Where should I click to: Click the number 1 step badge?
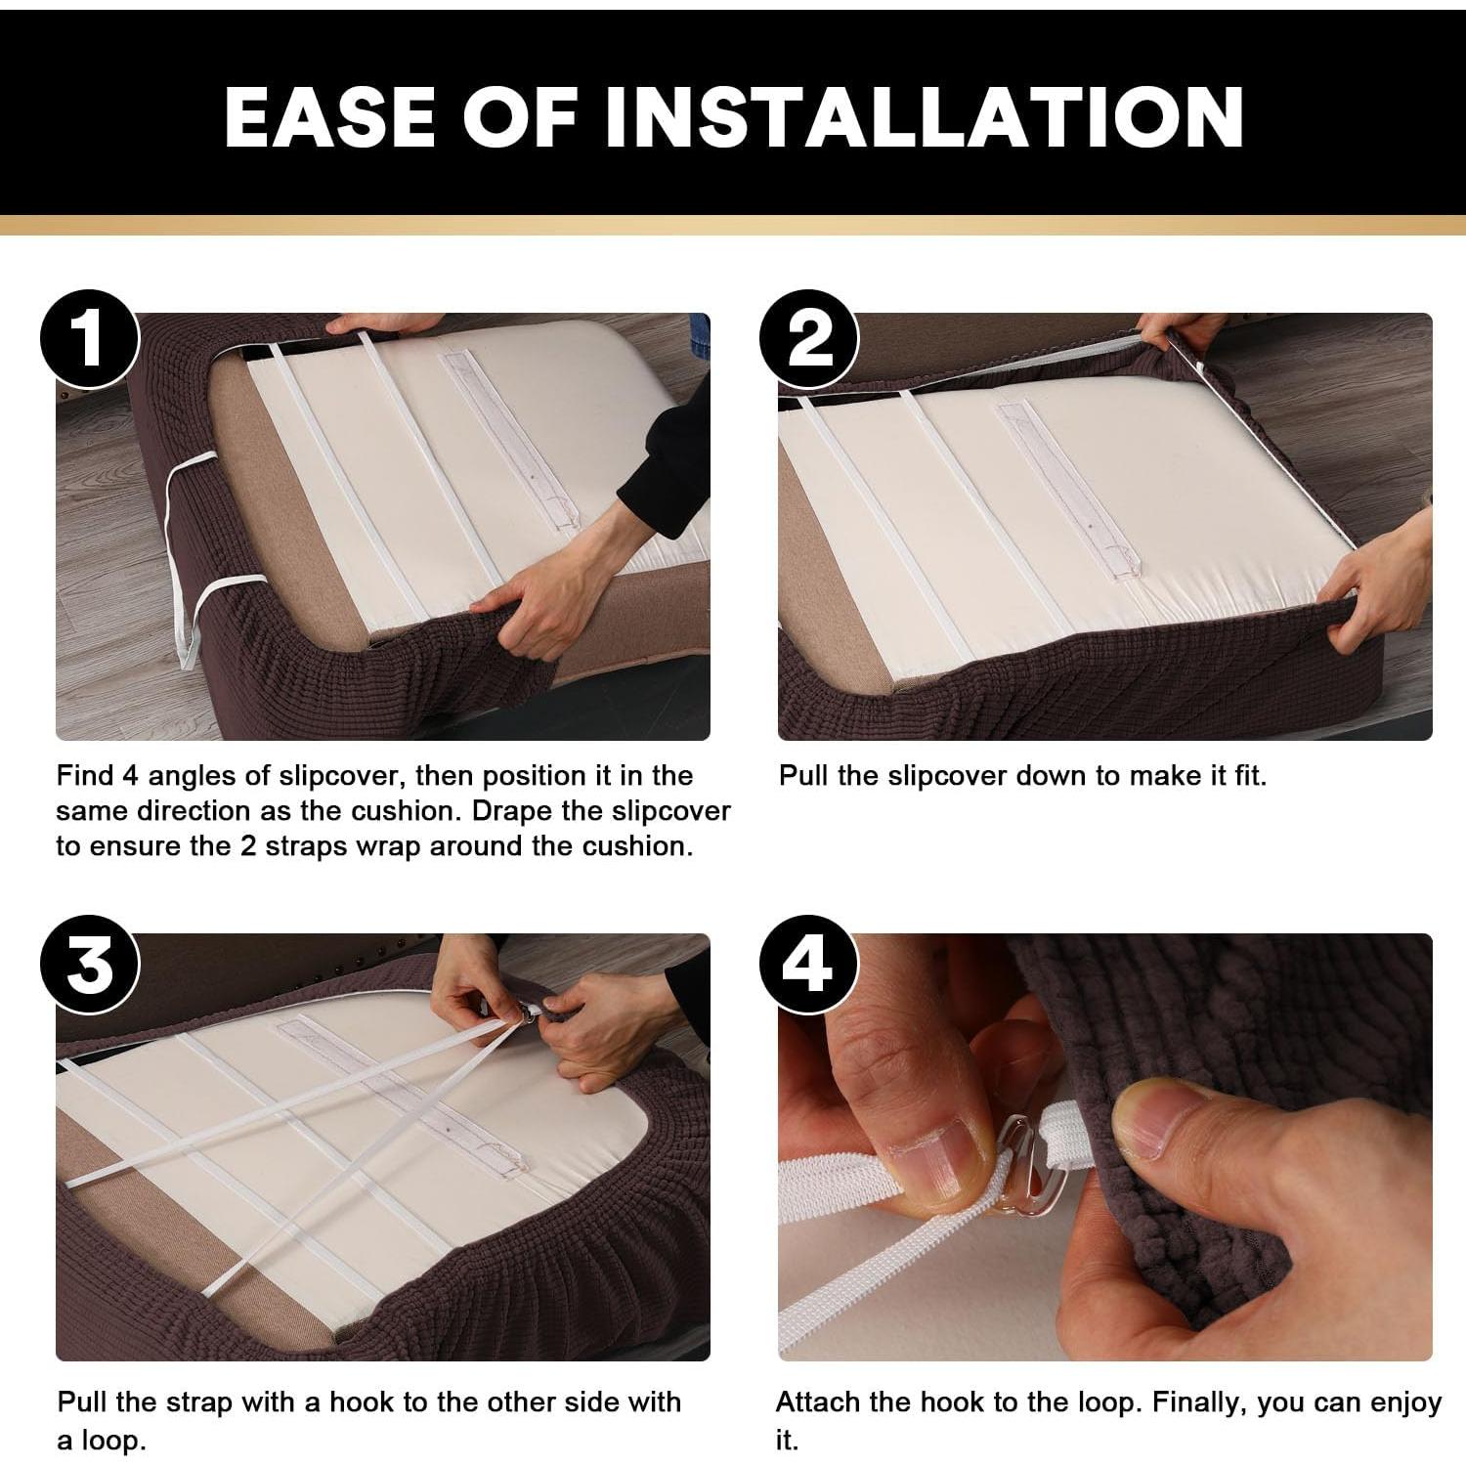pos(90,339)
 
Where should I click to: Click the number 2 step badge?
pos(809,339)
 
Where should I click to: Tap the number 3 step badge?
pos(90,965)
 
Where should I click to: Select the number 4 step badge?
pos(809,965)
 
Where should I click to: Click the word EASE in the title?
pos(330,117)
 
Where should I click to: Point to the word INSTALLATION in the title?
pos(924,117)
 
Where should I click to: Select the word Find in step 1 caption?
pos(85,776)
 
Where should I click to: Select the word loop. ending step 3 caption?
pos(112,1442)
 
